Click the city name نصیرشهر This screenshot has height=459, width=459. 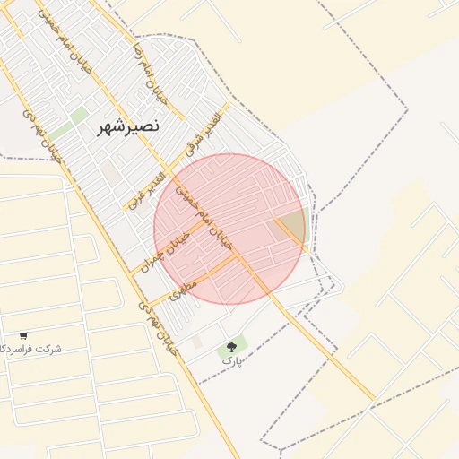[129, 126]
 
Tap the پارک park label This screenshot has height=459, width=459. [232, 360]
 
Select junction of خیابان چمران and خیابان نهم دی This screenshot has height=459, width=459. [130, 271]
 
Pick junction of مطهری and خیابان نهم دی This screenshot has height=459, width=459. [143, 305]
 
